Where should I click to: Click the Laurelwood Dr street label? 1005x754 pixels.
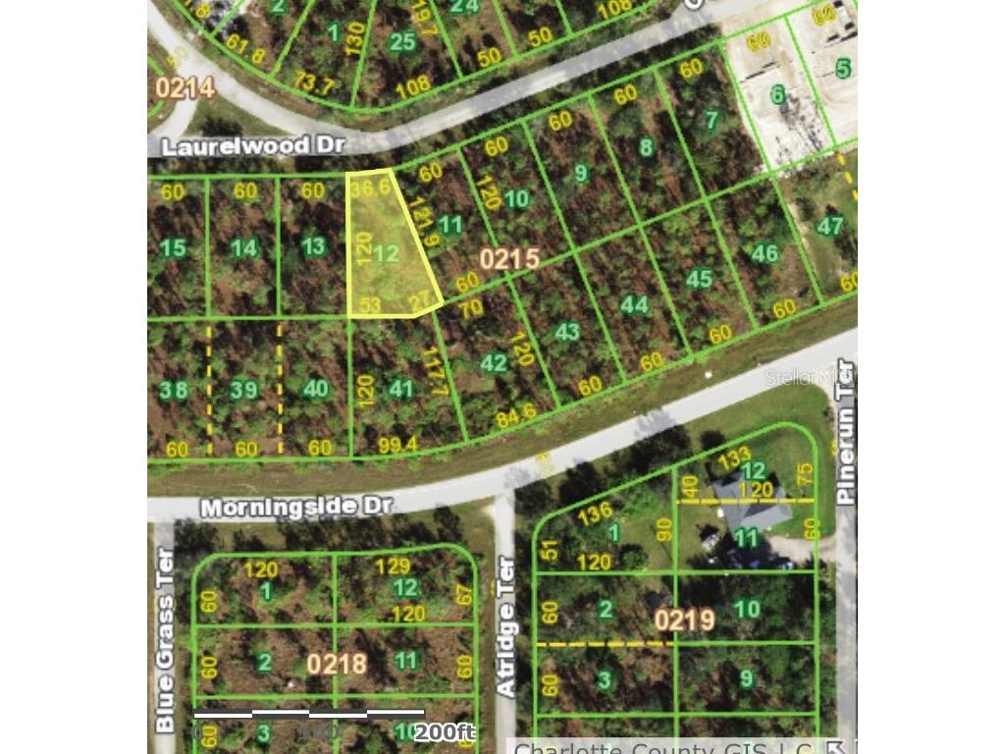pyautogui.click(x=252, y=145)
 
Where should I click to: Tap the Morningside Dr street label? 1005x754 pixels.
pyautogui.click(x=296, y=507)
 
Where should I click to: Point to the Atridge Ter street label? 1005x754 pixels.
pyautogui.click(x=506, y=626)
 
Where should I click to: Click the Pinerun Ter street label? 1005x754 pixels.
pyautogui.click(x=846, y=433)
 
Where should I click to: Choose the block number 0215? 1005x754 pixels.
pyautogui.click(x=510, y=259)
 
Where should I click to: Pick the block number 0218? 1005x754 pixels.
pyautogui.click(x=336, y=664)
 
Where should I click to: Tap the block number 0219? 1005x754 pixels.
pyautogui.click(x=684, y=620)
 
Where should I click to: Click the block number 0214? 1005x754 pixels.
pyautogui.click(x=185, y=88)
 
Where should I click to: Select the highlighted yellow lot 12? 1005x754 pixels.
pyautogui.click(x=386, y=253)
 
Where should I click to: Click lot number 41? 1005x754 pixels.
pyautogui.click(x=400, y=389)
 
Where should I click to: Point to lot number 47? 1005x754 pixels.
pyautogui.click(x=830, y=226)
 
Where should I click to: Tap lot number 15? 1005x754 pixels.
pyautogui.click(x=173, y=247)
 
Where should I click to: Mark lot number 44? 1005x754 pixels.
pyautogui.click(x=634, y=304)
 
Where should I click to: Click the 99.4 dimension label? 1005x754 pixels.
pyautogui.click(x=397, y=445)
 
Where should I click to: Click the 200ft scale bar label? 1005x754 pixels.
pyautogui.click(x=444, y=731)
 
